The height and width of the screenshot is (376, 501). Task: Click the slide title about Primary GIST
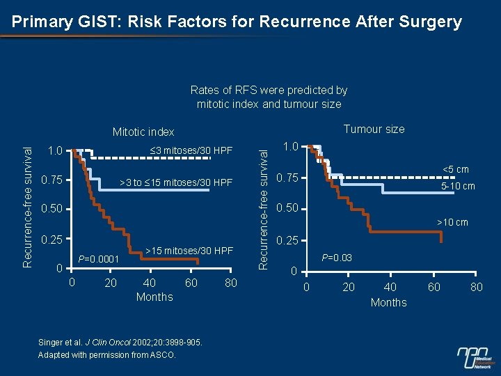(x=237, y=22)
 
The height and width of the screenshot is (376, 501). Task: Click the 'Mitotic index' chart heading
(x=143, y=132)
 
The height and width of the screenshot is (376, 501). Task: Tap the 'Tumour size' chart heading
(x=374, y=129)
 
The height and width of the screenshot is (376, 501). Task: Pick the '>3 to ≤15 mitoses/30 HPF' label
(x=176, y=182)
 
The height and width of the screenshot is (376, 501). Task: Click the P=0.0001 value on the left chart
(x=99, y=260)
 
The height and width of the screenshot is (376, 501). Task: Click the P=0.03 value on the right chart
(x=336, y=258)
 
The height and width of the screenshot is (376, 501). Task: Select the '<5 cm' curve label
(x=453, y=169)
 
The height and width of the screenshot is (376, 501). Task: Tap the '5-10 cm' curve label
(x=458, y=186)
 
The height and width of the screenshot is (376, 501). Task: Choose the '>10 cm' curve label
(x=452, y=223)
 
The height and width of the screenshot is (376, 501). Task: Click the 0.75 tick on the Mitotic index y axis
(x=52, y=181)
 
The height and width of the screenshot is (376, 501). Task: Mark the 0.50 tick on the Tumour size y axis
(x=286, y=209)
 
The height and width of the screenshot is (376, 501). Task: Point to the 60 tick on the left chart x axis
(x=191, y=283)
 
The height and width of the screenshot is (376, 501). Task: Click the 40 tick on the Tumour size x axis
(x=390, y=287)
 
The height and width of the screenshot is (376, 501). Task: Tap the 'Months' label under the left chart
(x=154, y=297)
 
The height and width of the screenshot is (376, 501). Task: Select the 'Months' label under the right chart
(x=388, y=302)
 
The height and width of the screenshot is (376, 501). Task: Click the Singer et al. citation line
(x=120, y=342)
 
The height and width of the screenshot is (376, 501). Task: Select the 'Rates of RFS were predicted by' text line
(x=269, y=90)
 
